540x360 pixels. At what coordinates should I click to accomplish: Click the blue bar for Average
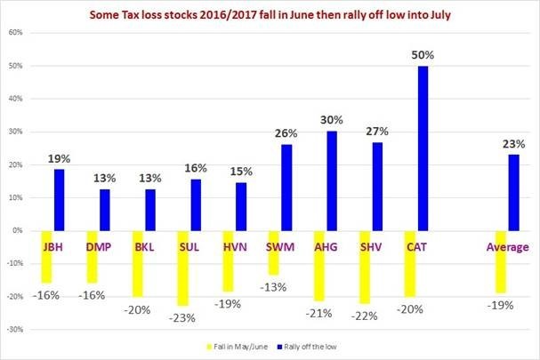513,192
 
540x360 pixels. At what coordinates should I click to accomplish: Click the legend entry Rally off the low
307,345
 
